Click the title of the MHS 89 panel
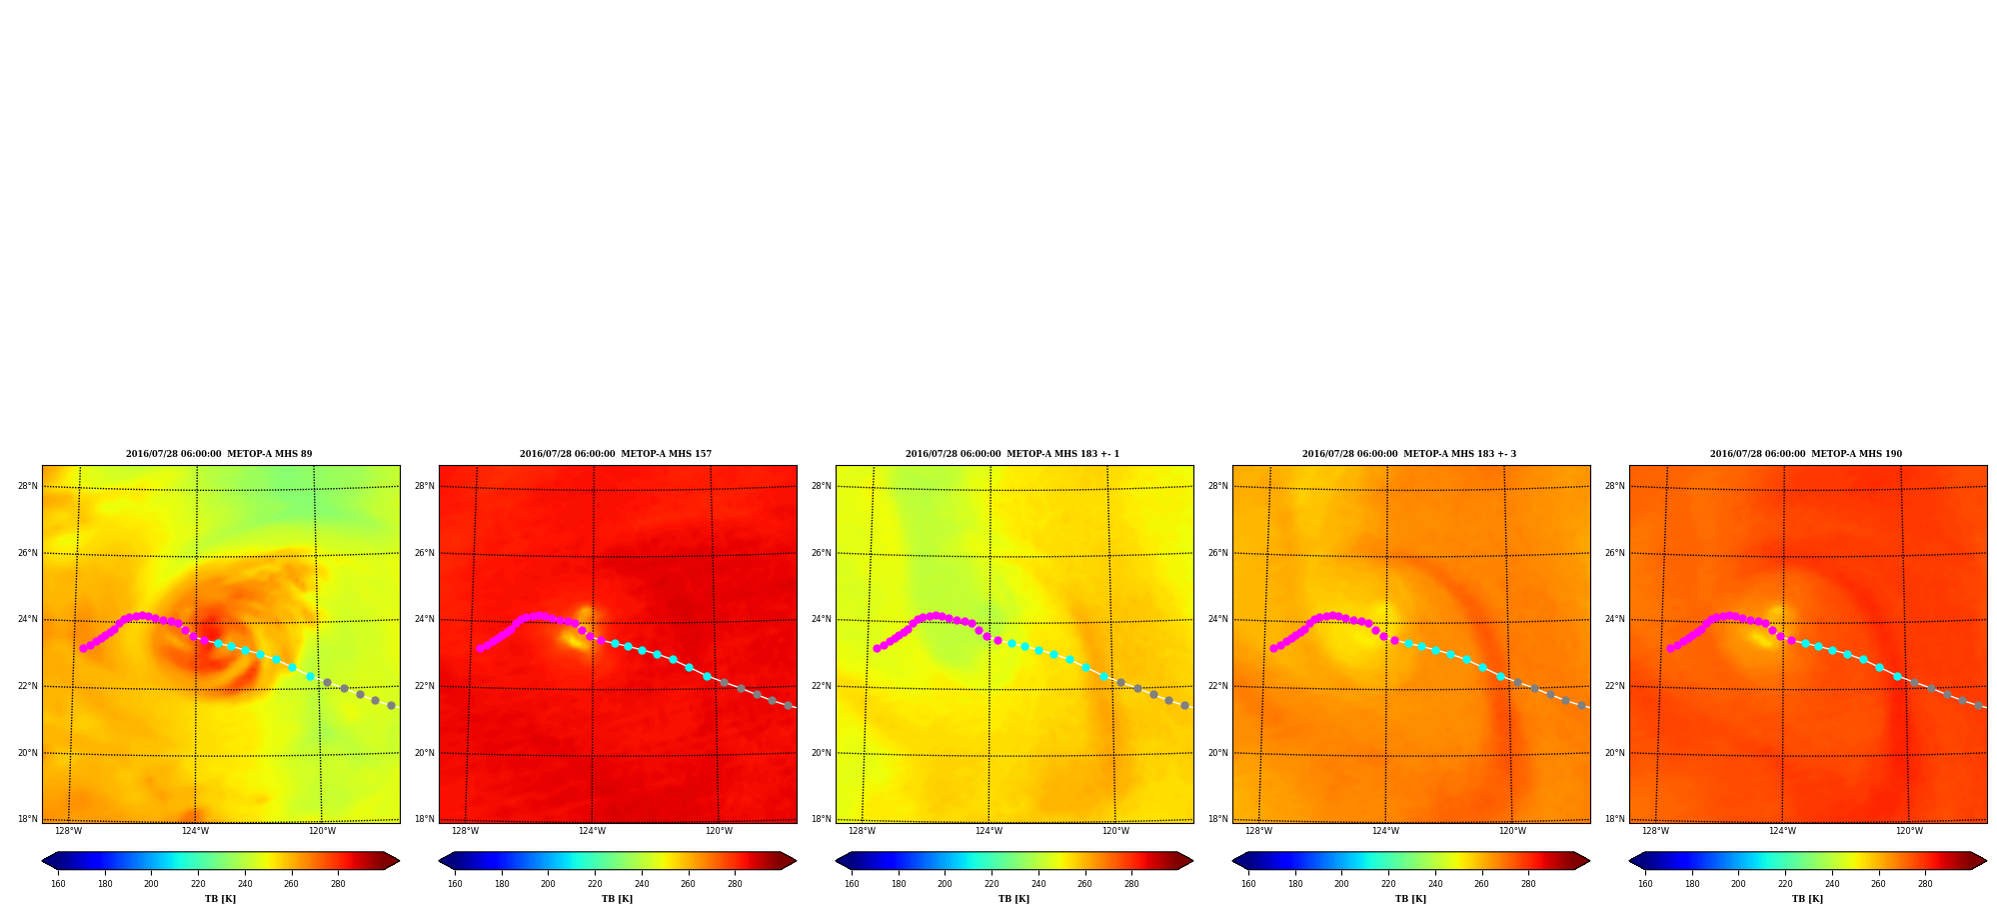(x=219, y=454)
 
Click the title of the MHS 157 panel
(x=616, y=454)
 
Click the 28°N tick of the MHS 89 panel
(x=27, y=486)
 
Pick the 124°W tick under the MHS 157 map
(x=592, y=831)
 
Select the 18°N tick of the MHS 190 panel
(x=1614, y=819)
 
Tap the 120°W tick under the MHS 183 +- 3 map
(x=1512, y=831)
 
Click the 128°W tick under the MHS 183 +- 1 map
(x=862, y=831)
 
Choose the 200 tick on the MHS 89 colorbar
(x=151, y=884)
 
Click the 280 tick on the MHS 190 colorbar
(x=1925, y=884)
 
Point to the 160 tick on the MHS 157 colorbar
(x=455, y=884)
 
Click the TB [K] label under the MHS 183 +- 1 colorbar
(x=1013, y=899)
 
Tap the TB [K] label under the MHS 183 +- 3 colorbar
(x=1410, y=899)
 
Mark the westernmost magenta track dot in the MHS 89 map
(x=83, y=648)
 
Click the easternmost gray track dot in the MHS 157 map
(x=788, y=705)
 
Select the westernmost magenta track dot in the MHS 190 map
(x=1670, y=648)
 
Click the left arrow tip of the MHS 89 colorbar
(x=42, y=861)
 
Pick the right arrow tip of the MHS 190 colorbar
(x=1986, y=861)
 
